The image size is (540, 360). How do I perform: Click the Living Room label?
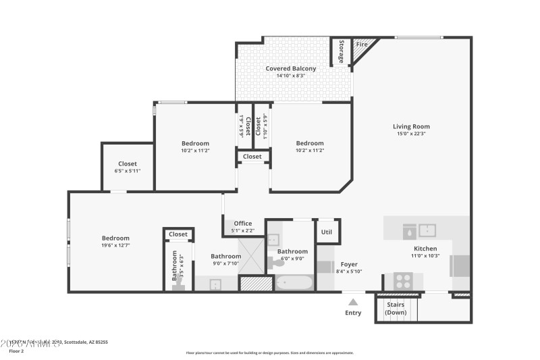411,126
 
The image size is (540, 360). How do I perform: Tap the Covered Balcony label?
290,68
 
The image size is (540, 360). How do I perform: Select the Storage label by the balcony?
341,52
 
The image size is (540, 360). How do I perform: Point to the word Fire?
361,45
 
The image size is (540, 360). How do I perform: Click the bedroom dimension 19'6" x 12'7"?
115,245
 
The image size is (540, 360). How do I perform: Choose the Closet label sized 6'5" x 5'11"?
128,171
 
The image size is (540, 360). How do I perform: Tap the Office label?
242,224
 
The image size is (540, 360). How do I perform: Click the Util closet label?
327,231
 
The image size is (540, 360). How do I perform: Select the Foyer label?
349,264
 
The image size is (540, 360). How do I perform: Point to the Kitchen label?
426,249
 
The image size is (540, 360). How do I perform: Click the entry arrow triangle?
353,302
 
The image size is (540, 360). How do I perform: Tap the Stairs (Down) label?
396,309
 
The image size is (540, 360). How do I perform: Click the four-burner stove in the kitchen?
403,280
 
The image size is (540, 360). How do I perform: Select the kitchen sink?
427,230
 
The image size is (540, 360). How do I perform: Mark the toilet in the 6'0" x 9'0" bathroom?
278,263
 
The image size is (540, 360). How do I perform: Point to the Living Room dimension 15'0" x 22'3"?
411,134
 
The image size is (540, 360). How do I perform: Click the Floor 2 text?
16,351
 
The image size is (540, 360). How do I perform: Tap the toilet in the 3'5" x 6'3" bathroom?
178,287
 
